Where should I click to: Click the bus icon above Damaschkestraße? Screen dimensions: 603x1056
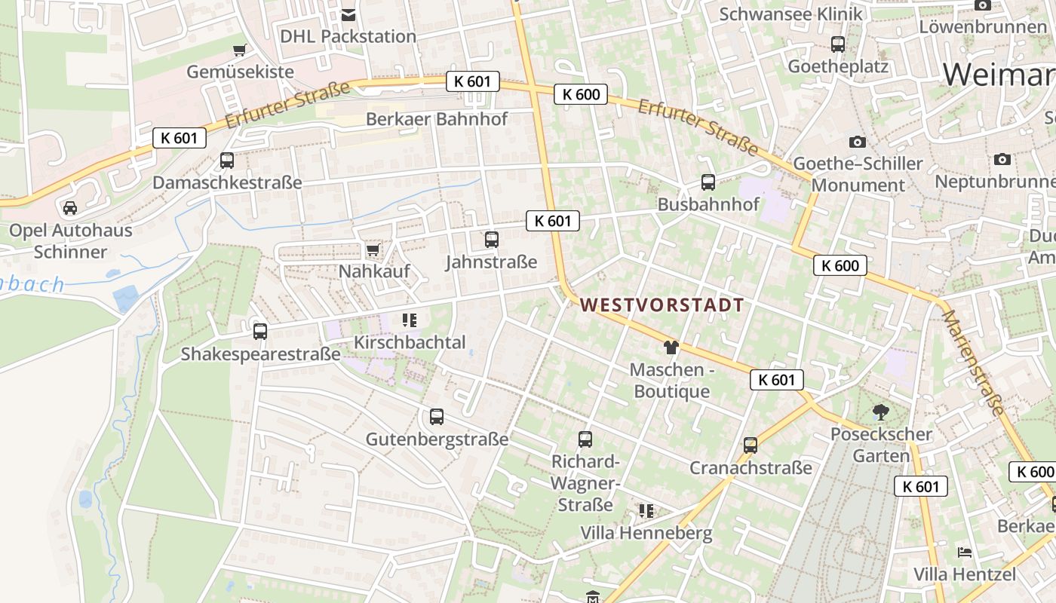tap(226, 160)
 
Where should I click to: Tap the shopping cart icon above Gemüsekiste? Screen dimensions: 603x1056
tap(240, 50)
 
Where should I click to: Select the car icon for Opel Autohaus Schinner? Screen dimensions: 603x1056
tap(70, 207)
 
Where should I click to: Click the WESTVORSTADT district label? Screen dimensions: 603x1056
tap(662, 305)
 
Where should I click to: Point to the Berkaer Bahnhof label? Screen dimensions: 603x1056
tap(437, 119)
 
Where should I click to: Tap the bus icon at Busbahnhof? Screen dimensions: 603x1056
tap(708, 182)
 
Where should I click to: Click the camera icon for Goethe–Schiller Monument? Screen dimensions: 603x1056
tap(857, 142)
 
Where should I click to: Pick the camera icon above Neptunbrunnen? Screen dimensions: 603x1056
tap(1002, 159)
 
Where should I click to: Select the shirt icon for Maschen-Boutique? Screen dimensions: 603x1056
tap(671, 347)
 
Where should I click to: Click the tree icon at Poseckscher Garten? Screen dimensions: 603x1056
tap(880, 412)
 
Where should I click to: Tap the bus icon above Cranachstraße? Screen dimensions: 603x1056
tap(750, 445)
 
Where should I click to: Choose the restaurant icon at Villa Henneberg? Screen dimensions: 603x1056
tap(646, 511)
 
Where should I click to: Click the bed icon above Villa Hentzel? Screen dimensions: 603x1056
tap(965, 552)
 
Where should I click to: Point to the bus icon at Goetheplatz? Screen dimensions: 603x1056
tap(837, 44)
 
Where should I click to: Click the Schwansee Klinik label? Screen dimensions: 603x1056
tap(790, 14)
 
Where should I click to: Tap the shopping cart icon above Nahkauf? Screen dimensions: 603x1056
tap(373, 249)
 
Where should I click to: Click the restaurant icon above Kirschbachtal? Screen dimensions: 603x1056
tap(410, 320)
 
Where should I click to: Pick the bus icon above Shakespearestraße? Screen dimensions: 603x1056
tap(260, 331)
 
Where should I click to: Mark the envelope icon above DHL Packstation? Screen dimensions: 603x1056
tap(348, 14)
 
